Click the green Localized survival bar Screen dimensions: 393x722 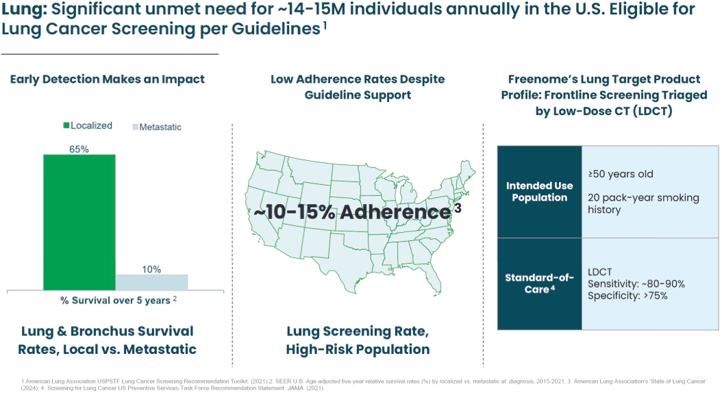(x=79, y=222)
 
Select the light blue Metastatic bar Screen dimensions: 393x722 (x=151, y=282)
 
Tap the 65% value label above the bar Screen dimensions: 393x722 (x=79, y=149)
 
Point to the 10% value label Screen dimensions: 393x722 (x=151, y=269)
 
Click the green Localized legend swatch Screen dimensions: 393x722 (x=66, y=126)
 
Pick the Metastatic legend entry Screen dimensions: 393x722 (x=156, y=127)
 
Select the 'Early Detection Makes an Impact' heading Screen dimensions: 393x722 (x=108, y=79)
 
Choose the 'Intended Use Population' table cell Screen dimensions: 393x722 (x=540, y=192)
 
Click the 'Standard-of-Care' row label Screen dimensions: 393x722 (x=540, y=283)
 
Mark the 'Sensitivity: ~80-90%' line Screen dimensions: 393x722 (x=636, y=283)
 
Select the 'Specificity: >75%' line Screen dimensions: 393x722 (x=627, y=296)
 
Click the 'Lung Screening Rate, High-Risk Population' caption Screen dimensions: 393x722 (x=358, y=340)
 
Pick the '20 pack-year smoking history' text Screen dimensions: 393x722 (x=643, y=203)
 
